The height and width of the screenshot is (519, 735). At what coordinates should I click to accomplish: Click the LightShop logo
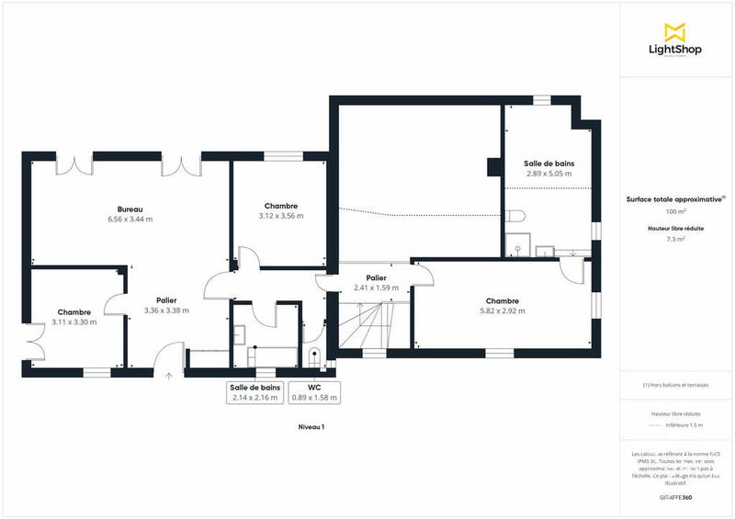coord(676,42)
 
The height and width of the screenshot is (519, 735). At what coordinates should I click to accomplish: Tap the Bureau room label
coord(129,209)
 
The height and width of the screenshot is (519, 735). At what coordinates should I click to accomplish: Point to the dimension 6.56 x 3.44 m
coord(129,220)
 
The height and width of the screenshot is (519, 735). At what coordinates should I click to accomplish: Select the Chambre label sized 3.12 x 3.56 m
coord(280,206)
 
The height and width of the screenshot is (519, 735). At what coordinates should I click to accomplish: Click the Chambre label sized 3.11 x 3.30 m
coord(73,312)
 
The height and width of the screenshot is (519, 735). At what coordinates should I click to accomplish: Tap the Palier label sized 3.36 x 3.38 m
coord(166,300)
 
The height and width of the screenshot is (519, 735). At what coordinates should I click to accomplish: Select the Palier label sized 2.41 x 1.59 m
coord(375,277)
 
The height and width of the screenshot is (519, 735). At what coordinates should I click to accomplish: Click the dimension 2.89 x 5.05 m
coord(548,173)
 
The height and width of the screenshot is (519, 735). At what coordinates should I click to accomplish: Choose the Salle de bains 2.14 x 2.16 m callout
coord(254,392)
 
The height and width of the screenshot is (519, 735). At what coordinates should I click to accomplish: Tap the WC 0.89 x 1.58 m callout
coord(314,392)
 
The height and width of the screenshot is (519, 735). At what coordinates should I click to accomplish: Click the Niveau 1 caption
coord(311,427)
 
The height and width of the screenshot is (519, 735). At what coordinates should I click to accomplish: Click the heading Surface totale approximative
coord(675,198)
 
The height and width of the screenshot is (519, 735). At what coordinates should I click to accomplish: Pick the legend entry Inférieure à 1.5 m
coord(684,425)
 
